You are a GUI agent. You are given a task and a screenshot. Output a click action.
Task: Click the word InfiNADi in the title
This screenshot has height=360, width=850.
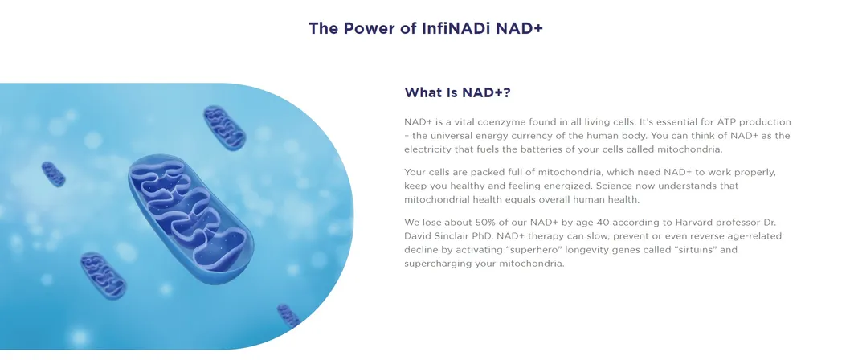(x=456, y=28)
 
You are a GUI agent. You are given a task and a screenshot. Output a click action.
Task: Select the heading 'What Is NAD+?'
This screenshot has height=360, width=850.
(x=457, y=92)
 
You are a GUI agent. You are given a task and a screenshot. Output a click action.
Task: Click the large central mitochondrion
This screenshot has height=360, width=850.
(x=190, y=218)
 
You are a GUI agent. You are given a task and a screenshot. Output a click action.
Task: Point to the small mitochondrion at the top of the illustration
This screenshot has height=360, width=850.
(x=224, y=128)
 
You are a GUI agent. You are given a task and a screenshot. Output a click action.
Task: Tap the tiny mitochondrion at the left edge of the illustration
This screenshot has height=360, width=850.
(x=53, y=174)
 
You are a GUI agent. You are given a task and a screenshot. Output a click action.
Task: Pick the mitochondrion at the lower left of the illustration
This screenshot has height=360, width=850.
(x=103, y=275)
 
